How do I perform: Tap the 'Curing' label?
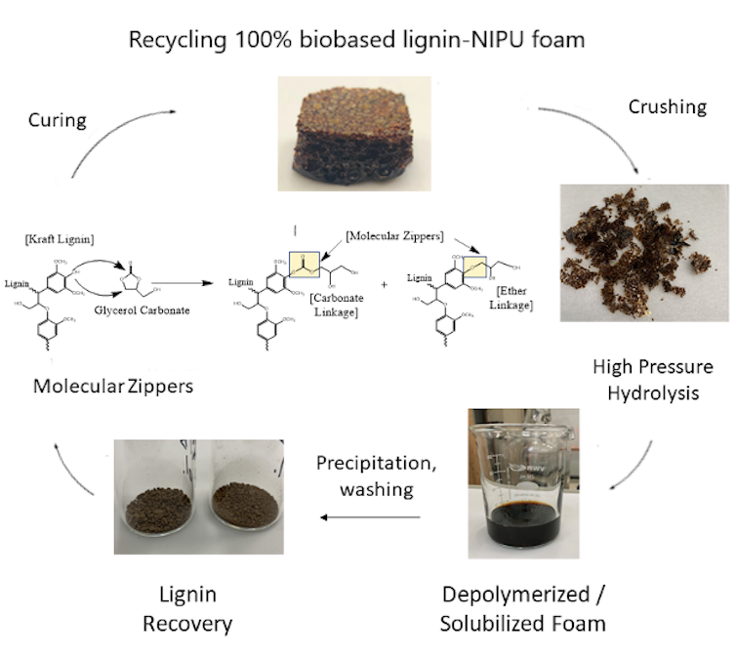(x=56, y=120)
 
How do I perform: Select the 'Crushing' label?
(x=668, y=106)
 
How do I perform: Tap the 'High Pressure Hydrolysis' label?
(x=653, y=380)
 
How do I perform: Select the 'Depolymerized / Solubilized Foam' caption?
(x=522, y=608)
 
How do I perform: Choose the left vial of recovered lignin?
(x=156, y=497)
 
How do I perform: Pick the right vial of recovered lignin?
(x=244, y=497)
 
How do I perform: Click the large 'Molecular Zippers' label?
(x=113, y=386)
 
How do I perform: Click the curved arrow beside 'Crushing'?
(x=604, y=142)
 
